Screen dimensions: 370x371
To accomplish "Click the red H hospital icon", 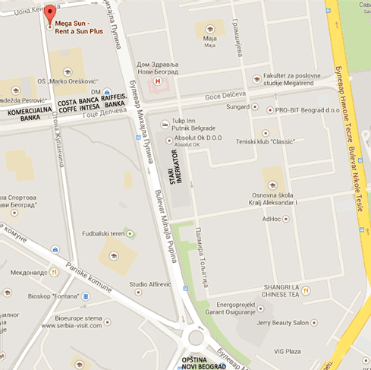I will [x=157, y=79].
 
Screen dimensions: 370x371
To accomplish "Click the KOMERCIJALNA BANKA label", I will [x=24, y=114].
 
